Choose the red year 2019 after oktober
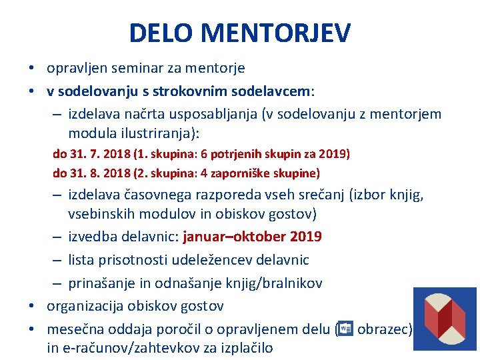[307, 237]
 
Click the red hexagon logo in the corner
[445, 319]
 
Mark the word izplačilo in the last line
[242, 347]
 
